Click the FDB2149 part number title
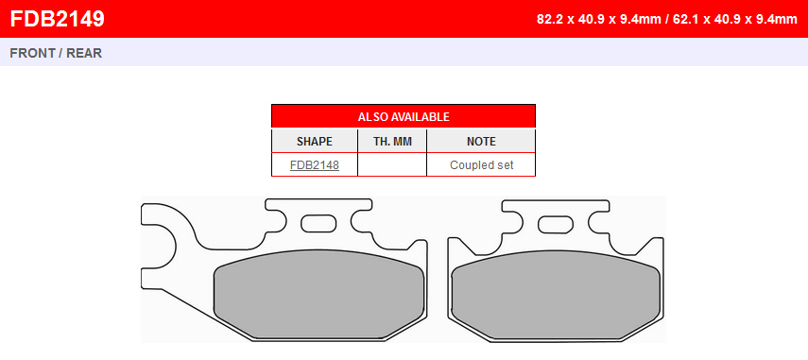[x=58, y=20]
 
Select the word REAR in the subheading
[x=84, y=53]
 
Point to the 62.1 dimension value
[x=685, y=20]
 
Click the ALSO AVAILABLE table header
[x=404, y=116]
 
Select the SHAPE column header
[x=315, y=142]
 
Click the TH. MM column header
[x=392, y=142]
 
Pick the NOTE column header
[x=481, y=142]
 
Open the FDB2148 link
[x=315, y=165]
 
